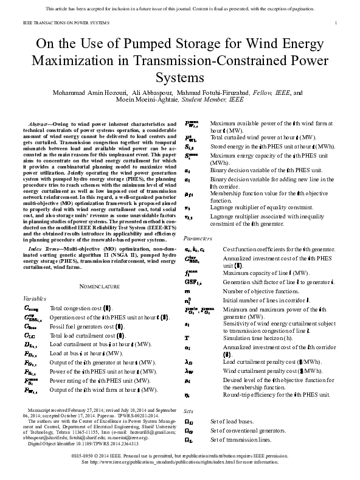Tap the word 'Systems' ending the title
(x=179, y=78)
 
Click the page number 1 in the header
(x=336, y=23)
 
